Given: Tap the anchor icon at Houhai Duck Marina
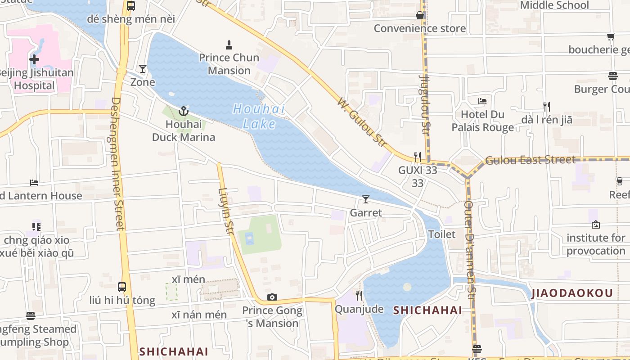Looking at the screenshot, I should [184, 111].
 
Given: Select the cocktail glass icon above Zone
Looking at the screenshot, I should [143, 69].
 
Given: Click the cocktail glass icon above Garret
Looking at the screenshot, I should [366, 199].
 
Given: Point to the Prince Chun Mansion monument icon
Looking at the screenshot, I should [229, 45].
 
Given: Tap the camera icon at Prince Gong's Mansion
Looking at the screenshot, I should [272, 297].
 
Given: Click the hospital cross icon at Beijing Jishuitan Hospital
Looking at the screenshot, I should [34, 59].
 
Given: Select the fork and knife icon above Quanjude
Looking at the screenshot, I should [359, 296].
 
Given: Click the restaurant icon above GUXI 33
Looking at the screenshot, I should [418, 157].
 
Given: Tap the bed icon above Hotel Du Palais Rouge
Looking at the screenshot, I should [482, 101].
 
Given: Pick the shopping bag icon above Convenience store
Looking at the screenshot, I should [420, 15].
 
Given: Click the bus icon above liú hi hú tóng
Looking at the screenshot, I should [121, 287].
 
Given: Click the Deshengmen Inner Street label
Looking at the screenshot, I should [117, 164].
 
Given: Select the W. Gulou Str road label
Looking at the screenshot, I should [362, 122].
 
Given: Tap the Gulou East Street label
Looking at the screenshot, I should [530, 160].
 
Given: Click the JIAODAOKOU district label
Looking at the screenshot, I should [572, 293].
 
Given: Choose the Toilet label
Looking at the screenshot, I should [441, 234].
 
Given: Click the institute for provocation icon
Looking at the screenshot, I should [596, 225].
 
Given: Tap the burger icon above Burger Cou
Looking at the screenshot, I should [612, 76].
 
